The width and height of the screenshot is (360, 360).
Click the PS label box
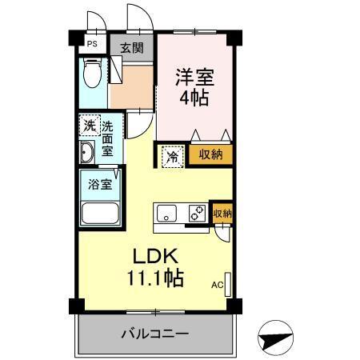(x=92, y=45)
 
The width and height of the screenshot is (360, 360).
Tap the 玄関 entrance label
(x=132, y=47)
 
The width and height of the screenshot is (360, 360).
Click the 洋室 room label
(x=195, y=78)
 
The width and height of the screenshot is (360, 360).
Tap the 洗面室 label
(x=107, y=136)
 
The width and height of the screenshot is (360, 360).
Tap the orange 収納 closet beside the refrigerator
(x=210, y=155)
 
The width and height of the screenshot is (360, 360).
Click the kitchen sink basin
(x=168, y=214)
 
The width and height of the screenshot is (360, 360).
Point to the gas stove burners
(x=195, y=214)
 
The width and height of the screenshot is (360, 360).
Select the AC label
(x=216, y=284)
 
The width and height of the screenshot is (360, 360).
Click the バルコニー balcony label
(x=155, y=333)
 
